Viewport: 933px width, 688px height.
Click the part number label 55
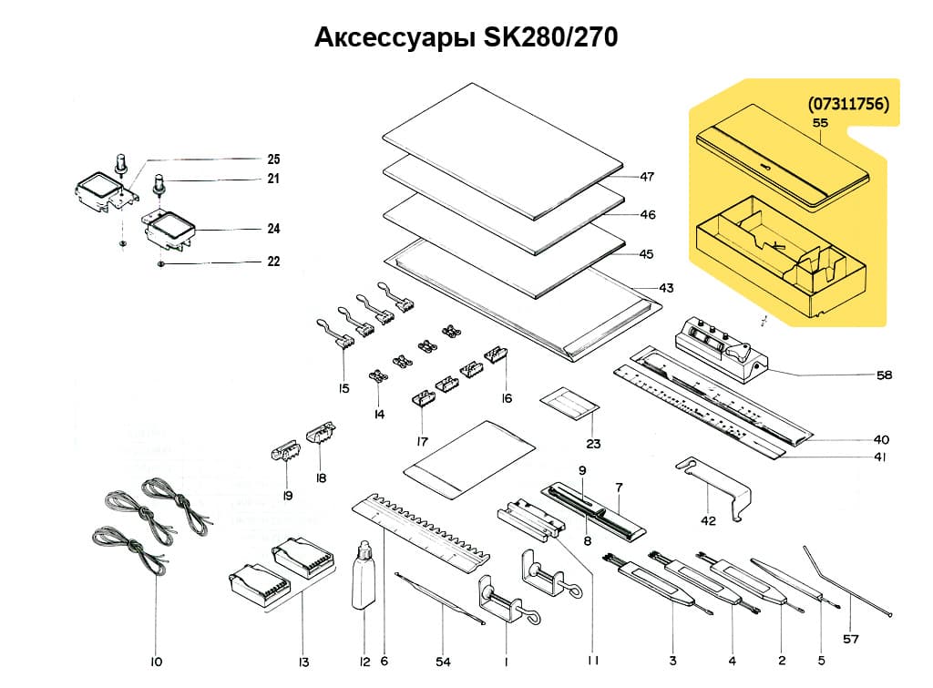819,121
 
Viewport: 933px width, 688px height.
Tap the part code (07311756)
847,104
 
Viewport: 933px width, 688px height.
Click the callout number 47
648,176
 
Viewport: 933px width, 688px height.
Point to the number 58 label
883,375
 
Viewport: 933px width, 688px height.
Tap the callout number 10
155,662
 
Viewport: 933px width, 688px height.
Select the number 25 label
273,158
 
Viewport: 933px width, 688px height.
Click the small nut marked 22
160,264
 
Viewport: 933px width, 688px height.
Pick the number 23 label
594,445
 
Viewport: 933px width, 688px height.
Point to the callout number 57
850,639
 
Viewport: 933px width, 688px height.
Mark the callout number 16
507,398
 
